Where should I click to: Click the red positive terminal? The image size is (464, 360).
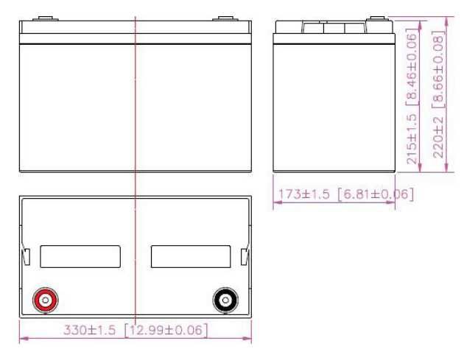pyautogui.click(x=45, y=300)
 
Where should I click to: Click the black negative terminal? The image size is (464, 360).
pyautogui.click(x=225, y=300)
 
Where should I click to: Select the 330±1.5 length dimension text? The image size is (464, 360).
pyautogui.click(x=89, y=330)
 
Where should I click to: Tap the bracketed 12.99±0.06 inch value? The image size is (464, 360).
pyautogui.click(x=166, y=330)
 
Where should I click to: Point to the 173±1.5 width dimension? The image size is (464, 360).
pyautogui.click(x=304, y=194)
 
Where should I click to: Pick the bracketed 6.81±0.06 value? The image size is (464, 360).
pyautogui.click(x=376, y=194)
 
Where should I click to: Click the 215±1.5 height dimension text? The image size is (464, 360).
pyautogui.click(x=412, y=138)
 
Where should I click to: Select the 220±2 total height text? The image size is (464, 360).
pyautogui.click(x=438, y=137)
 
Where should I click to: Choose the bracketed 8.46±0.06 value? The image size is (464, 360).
pyautogui.click(x=412, y=66)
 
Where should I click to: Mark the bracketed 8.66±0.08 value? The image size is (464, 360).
pyautogui.click(x=438, y=69)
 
